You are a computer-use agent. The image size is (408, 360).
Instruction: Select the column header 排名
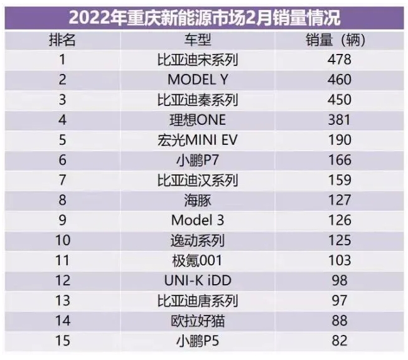click(x=62, y=40)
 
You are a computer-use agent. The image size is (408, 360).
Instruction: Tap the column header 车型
click(x=197, y=40)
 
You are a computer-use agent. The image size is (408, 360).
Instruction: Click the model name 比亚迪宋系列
click(x=197, y=60)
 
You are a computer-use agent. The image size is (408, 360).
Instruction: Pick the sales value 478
click(x=340, y=60)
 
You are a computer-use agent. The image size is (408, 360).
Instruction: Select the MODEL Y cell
click(x=197, y=80)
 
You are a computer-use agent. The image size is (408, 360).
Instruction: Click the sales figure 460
click(x=340, y=80)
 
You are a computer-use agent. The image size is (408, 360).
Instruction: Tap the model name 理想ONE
click(x=197, y=120)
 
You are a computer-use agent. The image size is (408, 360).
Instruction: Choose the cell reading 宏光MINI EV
click(x=197, y=140)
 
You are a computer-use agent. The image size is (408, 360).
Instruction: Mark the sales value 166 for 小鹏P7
click(x=340, y=161)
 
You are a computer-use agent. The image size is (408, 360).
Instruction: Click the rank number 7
click(x=62, y=181)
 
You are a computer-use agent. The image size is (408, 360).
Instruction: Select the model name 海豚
click(x=197, y=201)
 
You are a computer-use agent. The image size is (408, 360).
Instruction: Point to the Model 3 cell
click(x=197, y=221)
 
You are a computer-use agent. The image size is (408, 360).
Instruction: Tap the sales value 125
click(x=340, y=241)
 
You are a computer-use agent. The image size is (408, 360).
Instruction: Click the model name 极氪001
click(x=197, y=261)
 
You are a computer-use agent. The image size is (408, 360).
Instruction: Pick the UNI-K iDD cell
click(x=197, y=281)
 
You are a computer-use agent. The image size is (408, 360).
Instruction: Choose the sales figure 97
click(x=340, y=301)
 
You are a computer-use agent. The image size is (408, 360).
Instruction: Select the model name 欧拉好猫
click(x=197, y=321)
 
